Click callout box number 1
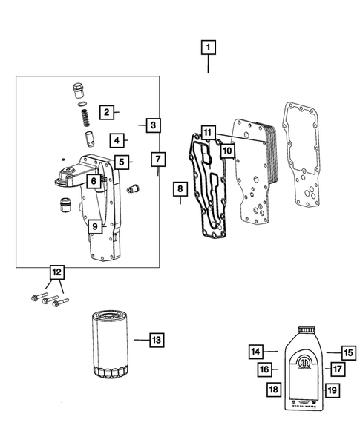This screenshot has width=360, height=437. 208,48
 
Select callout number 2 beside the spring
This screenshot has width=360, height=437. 107,112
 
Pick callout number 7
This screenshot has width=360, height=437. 157,160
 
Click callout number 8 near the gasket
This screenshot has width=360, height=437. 179,191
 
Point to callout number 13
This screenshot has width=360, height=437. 156,340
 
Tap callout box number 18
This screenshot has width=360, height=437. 274,389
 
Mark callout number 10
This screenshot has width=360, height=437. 227,151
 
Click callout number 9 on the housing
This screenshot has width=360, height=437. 94,226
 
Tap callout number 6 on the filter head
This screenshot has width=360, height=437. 94,180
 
